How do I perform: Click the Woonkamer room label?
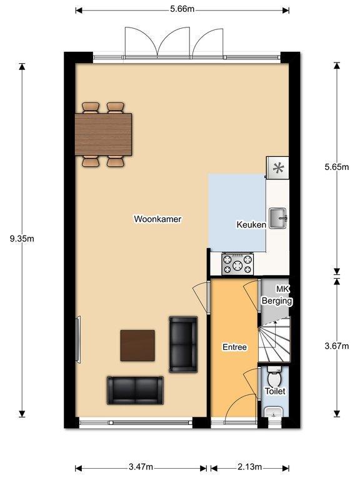point(157,219)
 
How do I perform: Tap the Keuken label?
point(251,225)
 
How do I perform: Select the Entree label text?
point(234,347)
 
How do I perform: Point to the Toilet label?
point(275,391)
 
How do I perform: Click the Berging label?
point(277,301)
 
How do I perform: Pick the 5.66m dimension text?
point(182,9)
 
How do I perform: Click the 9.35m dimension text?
point(22,239)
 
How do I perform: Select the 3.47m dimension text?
point(141,467)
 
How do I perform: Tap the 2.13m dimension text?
point(249,467)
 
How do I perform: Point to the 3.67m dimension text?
point(336,346)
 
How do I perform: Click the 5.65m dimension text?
point(336,167)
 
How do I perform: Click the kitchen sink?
point(277,218)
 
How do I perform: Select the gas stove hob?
point(238,264)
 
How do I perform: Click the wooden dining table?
point(104,134)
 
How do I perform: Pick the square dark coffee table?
point(137,345)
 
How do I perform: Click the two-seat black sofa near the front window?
point(135,390)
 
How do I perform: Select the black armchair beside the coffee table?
point(183,344)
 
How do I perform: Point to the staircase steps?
point(274,340)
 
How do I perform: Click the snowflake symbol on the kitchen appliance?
point(278,167)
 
